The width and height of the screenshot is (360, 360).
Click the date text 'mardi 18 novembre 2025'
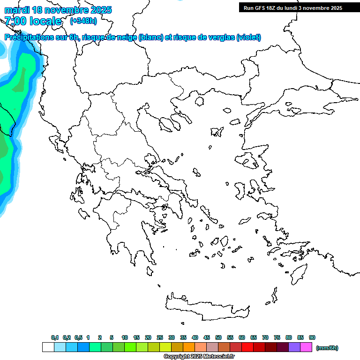click(58, 10)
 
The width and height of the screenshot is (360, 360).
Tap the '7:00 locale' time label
click(33, 21)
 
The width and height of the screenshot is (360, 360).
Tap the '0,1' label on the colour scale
click(55, 337)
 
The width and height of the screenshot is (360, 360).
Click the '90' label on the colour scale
click(312, 337)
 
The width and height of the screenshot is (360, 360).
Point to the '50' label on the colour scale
click(218, 337)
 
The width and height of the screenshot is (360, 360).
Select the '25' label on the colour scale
click(160, 337)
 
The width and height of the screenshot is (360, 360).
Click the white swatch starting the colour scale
click(48, 347)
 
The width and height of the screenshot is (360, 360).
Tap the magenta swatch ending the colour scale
click(306, 347)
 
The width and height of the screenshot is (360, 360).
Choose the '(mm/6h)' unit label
click(327, 348)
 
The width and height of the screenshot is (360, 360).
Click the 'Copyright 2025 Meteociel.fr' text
click(199, 357)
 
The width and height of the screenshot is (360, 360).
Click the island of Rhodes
click(298, 274)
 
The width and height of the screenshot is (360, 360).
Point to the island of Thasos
click(200, 102)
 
